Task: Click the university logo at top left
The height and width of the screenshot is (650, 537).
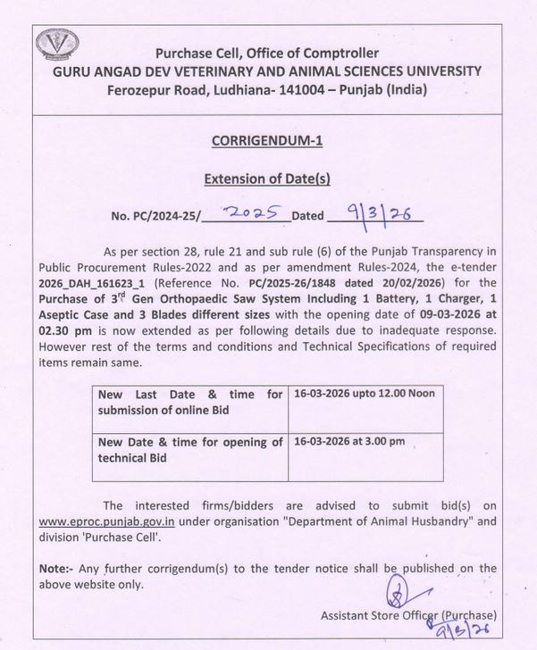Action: [x=56, y=47]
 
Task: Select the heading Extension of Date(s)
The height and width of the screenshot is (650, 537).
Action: [x=268, y=178]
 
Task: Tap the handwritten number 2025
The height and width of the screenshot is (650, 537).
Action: [x=254, y=212]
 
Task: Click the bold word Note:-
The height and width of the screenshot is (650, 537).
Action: [x=61, y=568]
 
